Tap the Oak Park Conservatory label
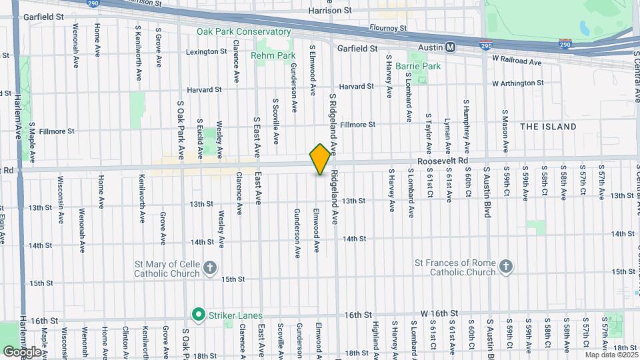tap(243, 31)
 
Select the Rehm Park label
tap(273, 55)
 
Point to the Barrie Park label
tap(418, 66)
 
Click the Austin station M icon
tap(451, 47)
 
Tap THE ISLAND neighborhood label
tap(548, 127)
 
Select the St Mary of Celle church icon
tap(210, 268)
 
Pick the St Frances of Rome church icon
tap(506, 267)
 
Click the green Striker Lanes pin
tap(198, 313)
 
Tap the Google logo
tap(22, 351)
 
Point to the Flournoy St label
tap(388, 29)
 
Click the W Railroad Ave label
tap(517, 61)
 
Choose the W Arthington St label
tap(517, 84)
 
